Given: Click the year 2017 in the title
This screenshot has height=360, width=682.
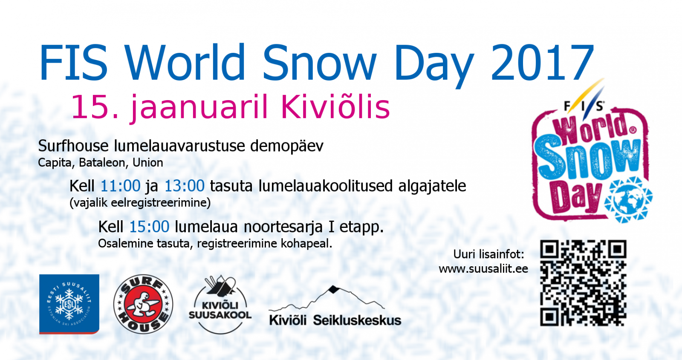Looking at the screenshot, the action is click(542, 62).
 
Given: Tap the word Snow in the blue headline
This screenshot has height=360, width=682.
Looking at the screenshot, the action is click(319, 62).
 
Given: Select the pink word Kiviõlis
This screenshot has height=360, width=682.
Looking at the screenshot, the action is click(335, 107).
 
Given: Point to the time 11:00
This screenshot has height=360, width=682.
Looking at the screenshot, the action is click(120, 186).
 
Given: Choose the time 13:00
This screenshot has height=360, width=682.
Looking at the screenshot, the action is click(184, 186).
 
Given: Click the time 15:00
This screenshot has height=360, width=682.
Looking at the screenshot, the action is click(149, 227).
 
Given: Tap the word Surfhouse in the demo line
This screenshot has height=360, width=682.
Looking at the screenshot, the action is click(73, 146).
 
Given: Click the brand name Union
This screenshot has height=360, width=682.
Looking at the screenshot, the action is click(147, 162).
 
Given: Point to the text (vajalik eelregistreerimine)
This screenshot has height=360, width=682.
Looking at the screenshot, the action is click(140, 203).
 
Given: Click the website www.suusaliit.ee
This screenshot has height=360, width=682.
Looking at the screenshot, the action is click(483, 269).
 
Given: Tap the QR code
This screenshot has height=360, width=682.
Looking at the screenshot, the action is click(583, 283).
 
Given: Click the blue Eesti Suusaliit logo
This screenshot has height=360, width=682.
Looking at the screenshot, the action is click(69, 304).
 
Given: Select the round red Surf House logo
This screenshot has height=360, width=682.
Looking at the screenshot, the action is click(143, 304).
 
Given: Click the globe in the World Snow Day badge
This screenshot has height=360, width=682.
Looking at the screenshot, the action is click(628, 200).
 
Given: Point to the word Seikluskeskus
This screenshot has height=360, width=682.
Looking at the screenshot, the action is click(357, 320).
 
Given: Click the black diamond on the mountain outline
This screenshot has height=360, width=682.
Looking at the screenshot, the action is click(334, 289).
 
